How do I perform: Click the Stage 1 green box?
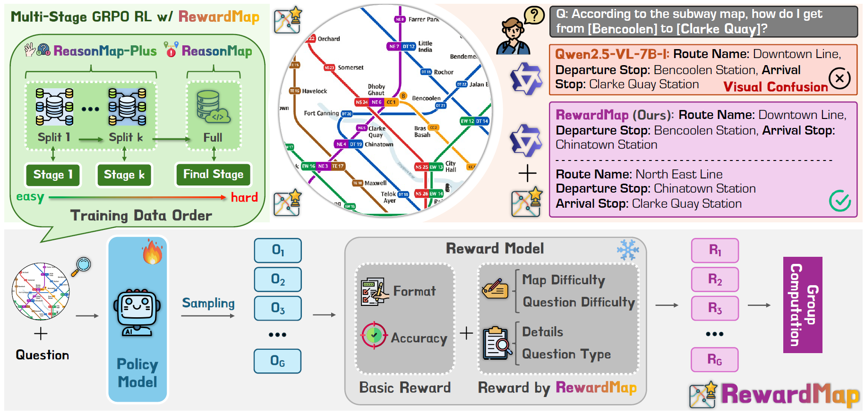pos(53,175)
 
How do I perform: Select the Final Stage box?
pos(213,175)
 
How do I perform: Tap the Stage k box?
pos(124,175)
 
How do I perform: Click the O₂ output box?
pos(278,279)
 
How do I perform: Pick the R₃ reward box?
pos(715,308)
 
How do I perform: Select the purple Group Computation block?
pos(802,304)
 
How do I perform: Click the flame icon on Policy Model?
pos(152,252)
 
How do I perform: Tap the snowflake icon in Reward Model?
pos(628,249)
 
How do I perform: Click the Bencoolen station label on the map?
pos(426,98)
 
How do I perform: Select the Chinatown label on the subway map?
pos(379,144)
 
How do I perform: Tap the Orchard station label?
pos(329,39)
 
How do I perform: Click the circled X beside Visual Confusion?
pos(839,78)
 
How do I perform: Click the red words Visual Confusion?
pos(775,87)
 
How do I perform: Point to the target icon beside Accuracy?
pos(374,335)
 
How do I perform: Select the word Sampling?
pos(208,303)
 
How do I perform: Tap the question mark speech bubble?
pos(534,16)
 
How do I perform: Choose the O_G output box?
pos(278,361)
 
